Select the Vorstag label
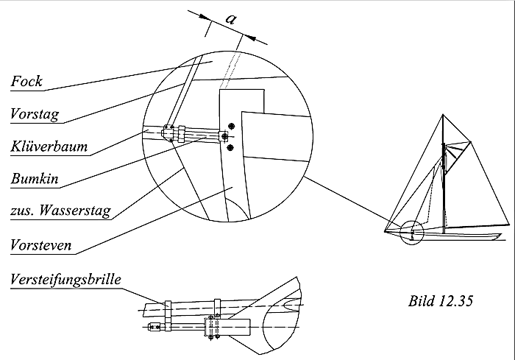[x=34, y=114]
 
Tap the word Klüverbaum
[x=49, y=147]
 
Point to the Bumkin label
[x=35, y=178]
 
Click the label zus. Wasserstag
[x=60, y=211]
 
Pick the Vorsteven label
[x=41, y=244]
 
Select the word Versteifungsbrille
[x=66, y=280]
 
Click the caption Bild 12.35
[x=439, y=300]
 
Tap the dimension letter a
[x=230, y=21]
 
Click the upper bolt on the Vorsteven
[x=232, y=126]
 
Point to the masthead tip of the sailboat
[x=444, y=116]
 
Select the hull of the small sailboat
[x=456, y=236]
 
